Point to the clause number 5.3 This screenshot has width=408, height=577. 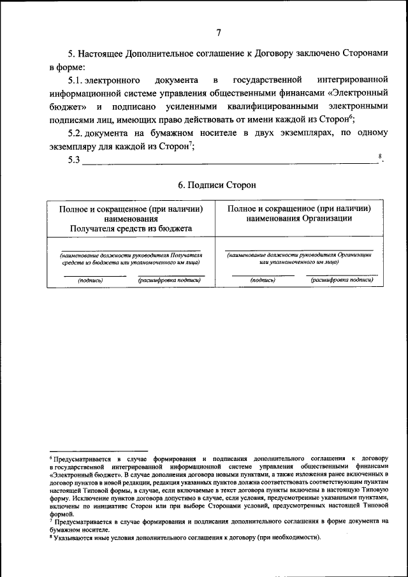pyautogui.click(x=74, y=160)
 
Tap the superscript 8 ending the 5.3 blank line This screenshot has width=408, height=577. pyautogui.click(x=380, y=156)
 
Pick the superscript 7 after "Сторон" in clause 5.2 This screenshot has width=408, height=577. pyautogui.click(x=189, y=142)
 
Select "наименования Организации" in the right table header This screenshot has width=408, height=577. pyautogui.click(x=299, y=219)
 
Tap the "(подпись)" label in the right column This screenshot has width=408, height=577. pyautogui.click(x=263, y=280)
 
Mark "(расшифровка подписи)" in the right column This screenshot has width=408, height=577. pyautogui.click(x=342, y=280)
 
